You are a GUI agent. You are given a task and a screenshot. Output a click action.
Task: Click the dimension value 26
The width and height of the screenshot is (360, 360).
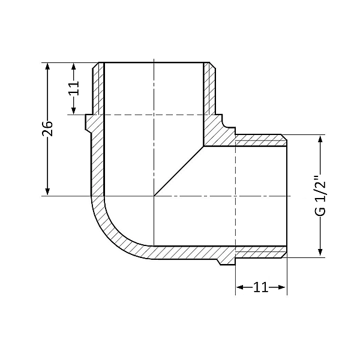(x=48, y=129)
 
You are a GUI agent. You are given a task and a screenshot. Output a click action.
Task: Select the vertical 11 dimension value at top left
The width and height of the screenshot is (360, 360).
(x=73, y=88)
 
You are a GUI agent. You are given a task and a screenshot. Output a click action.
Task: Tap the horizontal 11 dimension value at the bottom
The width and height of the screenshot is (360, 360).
(x=260, y=287)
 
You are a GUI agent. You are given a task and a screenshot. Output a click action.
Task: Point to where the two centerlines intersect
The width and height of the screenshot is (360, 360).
(x=154, y=196)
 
